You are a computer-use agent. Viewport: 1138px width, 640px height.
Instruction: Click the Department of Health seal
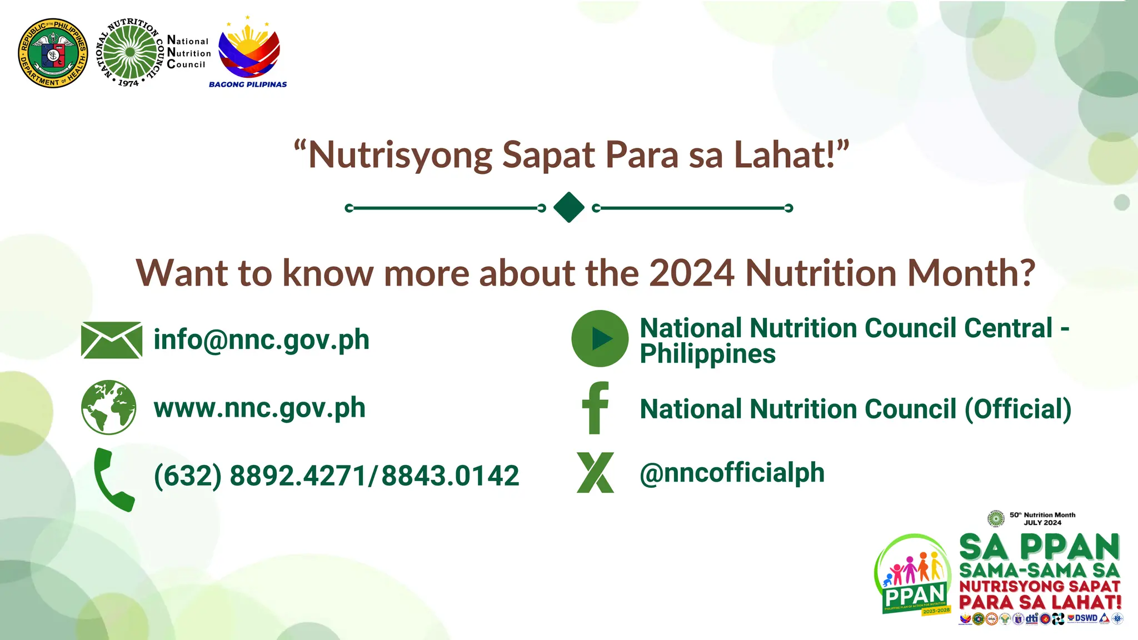[x=53, y=53]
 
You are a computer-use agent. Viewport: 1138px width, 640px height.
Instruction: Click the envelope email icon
[x=111, y=340]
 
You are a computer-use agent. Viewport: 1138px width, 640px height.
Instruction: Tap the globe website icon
[x=109, y=407]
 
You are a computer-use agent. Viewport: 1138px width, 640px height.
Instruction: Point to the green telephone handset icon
[x=113, y=479]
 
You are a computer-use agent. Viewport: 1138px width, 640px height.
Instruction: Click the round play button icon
[x=600, y=338]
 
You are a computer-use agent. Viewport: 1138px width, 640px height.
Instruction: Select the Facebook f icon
[x=596, y=408]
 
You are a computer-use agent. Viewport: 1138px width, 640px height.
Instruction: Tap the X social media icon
[x=596, y=473]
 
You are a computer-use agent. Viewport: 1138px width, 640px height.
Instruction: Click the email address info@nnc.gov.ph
[x=261, y=340]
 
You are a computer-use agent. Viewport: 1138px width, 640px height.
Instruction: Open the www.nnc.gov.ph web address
[x=259, y=408]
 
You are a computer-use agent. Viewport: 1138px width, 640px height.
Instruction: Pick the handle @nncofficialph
[x=732, y=473]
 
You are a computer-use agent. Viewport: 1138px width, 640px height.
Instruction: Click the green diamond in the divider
[x=569, y=208]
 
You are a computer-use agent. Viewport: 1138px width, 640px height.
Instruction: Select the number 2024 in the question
[x=691, y=273]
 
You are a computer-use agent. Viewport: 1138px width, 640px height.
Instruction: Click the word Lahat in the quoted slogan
[x=785, y=154]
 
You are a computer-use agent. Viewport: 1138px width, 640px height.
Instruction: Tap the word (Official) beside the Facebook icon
[x=1018, y=409]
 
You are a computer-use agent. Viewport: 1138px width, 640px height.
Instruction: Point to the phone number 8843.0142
[x=450, y=476]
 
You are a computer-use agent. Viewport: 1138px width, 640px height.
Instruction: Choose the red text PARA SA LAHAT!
[x=1040, y=602]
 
